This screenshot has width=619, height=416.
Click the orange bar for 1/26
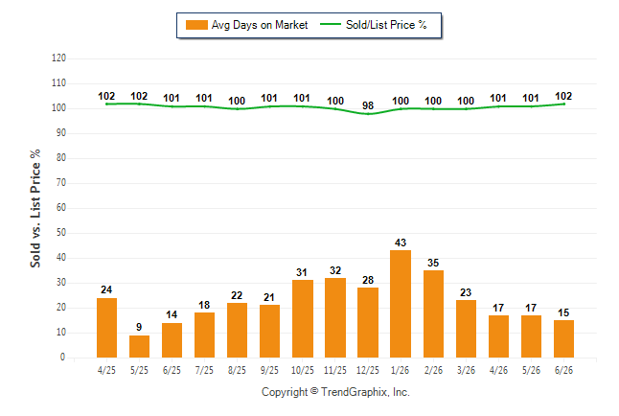pyautogui.click(x=401, y=304)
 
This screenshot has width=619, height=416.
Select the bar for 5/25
pyautogui.click(x=139, y=346)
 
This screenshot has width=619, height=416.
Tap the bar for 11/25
pyautogui.click(x=335, y=317)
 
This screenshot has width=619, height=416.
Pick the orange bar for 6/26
pyautogui.click(x=563, y=339)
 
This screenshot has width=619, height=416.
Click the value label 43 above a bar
pyautogui.click(x=401, y=243)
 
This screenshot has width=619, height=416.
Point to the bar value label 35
pyautogui.click(x=433, y=263)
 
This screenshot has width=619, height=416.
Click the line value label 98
pyautogui.click(x=368, y=105)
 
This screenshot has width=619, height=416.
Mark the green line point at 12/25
pyautogui.click(x=368, y=114)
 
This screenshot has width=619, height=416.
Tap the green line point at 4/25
pyautogui.click(x=106, y=104)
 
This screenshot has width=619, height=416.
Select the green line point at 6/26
pyautogui.click(x=563, y=104)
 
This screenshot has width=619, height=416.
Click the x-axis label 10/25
pyautogui.click(x=303, y=370)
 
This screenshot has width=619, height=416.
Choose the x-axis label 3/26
pyautogui.click(x=466, y=370)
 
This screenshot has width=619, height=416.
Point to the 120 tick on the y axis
pyautogui.click(x=58, y=58)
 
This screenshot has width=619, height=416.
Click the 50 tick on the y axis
pyautogui.click(x=60, y=233)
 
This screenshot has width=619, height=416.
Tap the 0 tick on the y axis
pyautogui.click(x=63, y=358)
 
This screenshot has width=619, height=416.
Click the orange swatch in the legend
pyautogui.click(x=196, y=25)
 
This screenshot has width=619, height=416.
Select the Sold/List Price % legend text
pyautogui.click(x=386, y=25)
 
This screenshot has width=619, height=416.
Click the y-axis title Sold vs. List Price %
pyautogui.click(x=35, y=208)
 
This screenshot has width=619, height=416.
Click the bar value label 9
pyautogui.click(x=139, y=327)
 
